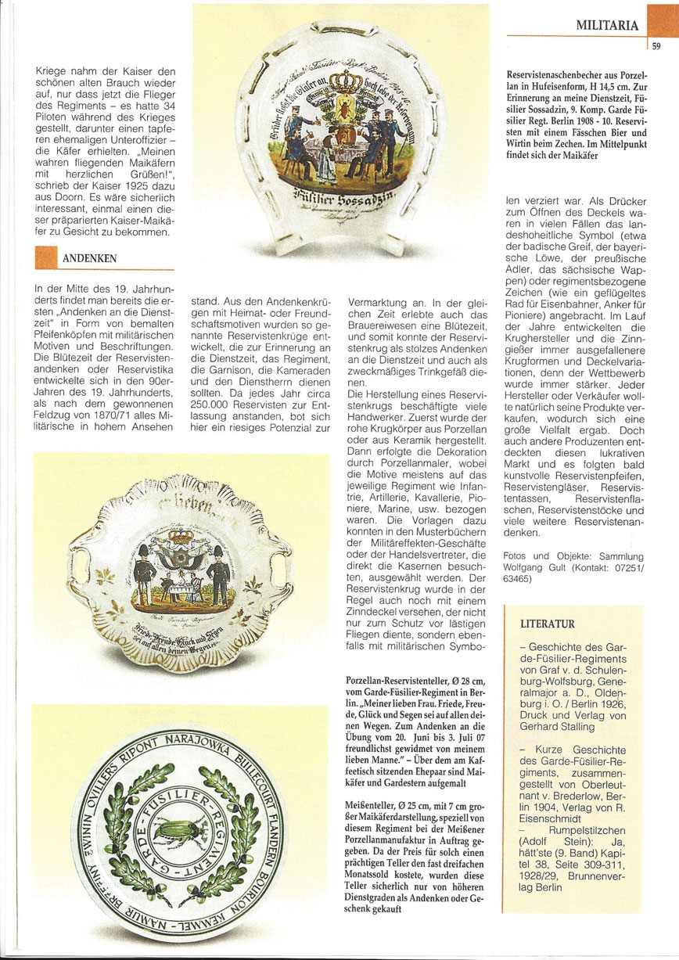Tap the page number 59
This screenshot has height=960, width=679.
[656, 46]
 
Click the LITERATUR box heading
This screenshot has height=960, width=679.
[548, 624]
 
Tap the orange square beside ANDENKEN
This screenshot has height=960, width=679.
[46, 257]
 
